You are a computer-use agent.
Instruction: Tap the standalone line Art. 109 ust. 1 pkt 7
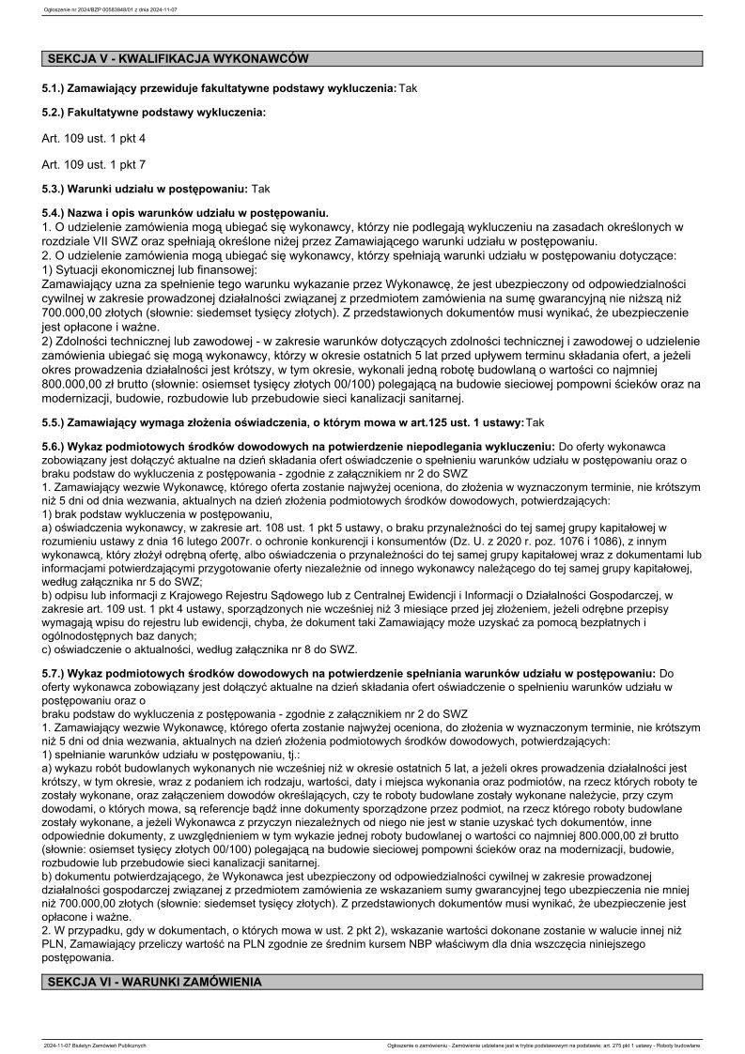click(94, 164)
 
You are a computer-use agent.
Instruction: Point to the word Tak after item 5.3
click(260, 188)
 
